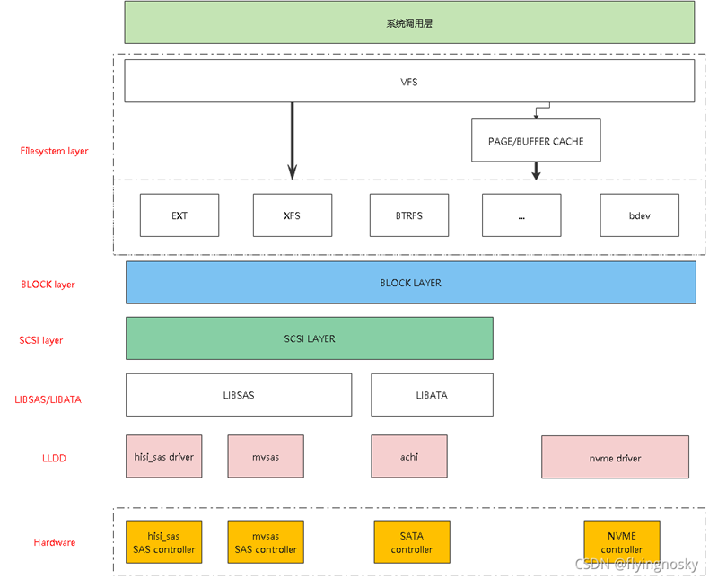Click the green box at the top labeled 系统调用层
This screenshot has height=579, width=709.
(409, 22)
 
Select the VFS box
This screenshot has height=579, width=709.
(409, 82)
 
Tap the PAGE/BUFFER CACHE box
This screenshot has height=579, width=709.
(536, 141)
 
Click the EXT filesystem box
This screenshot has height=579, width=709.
(179, 215)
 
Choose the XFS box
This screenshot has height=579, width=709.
(292, 215)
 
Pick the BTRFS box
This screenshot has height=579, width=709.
(408, 215)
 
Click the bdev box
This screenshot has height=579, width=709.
(639, 215)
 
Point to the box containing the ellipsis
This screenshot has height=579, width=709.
(521, 215)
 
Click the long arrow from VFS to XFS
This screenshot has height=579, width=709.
(292, 135)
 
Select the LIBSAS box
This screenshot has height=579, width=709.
(239, 395)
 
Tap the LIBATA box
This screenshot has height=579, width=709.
(432, 395)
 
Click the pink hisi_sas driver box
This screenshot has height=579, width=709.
(164, 457)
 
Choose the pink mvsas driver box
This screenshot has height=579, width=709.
(266, 457)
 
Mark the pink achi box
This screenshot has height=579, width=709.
(409, 457)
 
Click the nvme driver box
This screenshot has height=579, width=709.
(615, 457)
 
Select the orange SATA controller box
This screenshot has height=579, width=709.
(412, 542)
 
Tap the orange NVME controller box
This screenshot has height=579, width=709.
(621, 542)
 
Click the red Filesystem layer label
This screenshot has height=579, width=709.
(54, 151)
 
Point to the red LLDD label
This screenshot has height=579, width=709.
(54, 459)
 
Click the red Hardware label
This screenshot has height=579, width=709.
(55, 542)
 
